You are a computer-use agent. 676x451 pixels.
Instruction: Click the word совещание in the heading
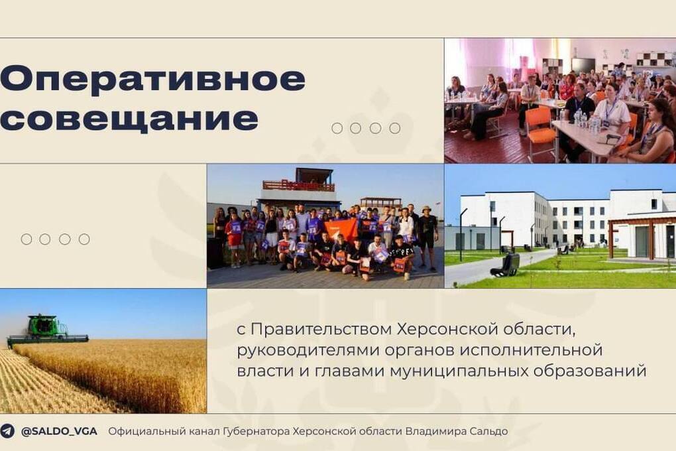pos(129,118)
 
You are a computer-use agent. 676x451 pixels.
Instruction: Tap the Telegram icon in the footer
pos(7,430)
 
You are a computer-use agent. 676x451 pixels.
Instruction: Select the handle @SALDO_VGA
pos(59,431)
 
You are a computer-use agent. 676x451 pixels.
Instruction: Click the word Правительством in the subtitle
pos(321,329)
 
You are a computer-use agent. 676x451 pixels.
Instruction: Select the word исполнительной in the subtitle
pos(530,350)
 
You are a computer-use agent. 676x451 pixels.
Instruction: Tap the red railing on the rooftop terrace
pos(298,186)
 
